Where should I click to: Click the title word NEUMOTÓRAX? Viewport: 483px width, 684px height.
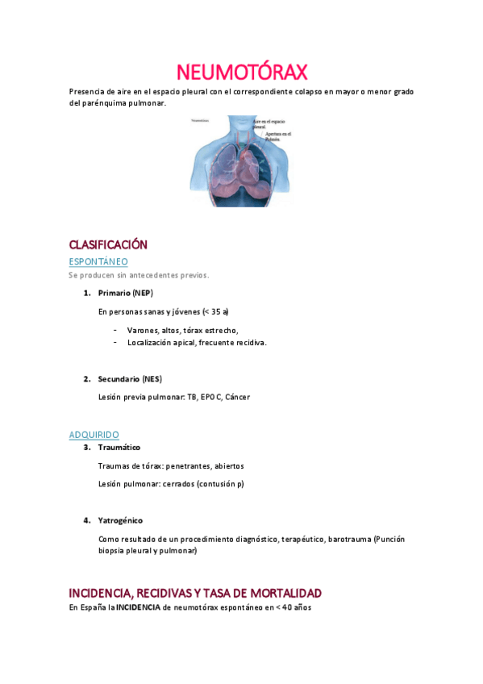tap(241, 73)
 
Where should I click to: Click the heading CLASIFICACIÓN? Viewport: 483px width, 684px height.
tap(108, 244)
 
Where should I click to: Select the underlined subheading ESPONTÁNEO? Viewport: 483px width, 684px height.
tap(98, 261)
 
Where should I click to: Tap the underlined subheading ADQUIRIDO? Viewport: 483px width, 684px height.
tap(94, 435)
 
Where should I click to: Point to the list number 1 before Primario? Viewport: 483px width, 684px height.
tap(86, 293)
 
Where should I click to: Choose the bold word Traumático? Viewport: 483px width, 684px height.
tap(119, 447)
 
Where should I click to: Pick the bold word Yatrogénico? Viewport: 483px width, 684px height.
tap(120, 520)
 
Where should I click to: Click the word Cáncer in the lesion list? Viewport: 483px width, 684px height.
tap(238, 397)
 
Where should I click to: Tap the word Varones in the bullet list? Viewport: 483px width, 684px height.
tap(143, 330)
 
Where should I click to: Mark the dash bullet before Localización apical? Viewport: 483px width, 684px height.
tap(116, 342)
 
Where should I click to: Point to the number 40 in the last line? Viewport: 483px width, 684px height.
tap(288, 607)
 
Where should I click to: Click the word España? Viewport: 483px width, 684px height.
tap(94, 607)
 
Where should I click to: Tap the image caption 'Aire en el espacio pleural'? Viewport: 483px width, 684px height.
tap(269, 122)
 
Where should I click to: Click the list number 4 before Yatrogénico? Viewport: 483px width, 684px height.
tap(86, 520)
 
